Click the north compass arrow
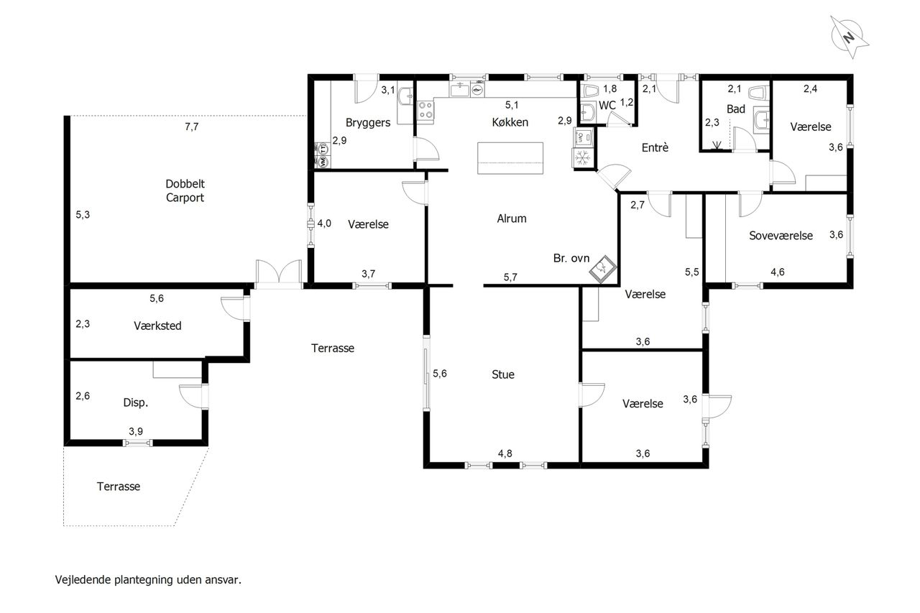pos(850,37)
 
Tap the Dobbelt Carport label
pos(185,190)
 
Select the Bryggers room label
pos(367,123)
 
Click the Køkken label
pos(510,122)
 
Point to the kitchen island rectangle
pos(510,158)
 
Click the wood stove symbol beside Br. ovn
pos(603,269)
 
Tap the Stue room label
pos(503,374)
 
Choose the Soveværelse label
pos(781,236)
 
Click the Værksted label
pos(157,326)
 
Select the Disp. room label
pos(136,402)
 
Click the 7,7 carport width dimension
pos(191,127)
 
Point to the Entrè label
pos(655,147)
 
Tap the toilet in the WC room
pos(592,91)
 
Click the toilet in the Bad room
pos(758,93)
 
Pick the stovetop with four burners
pos(425,111)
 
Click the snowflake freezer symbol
pos(582,157)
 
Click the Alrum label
pos(511,218)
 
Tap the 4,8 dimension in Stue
pos(505,453)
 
